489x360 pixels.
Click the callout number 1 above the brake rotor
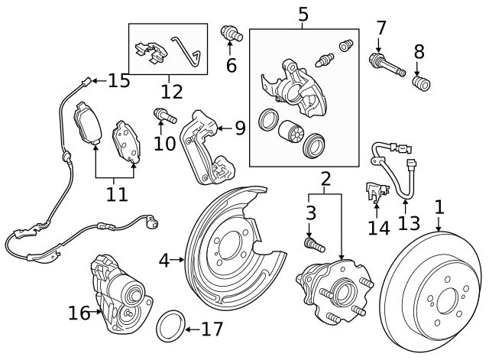point(439,206)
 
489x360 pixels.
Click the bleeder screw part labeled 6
point(228,34)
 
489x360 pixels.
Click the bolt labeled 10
point(165,117)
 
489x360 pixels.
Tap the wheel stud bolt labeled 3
point(313,245)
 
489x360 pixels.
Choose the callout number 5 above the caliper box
point(303,15)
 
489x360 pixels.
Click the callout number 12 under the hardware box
point(172,92)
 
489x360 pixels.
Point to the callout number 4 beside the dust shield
point(164,261)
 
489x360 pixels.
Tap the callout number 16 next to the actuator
point(79,312)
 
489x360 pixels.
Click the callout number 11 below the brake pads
point(116,194)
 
